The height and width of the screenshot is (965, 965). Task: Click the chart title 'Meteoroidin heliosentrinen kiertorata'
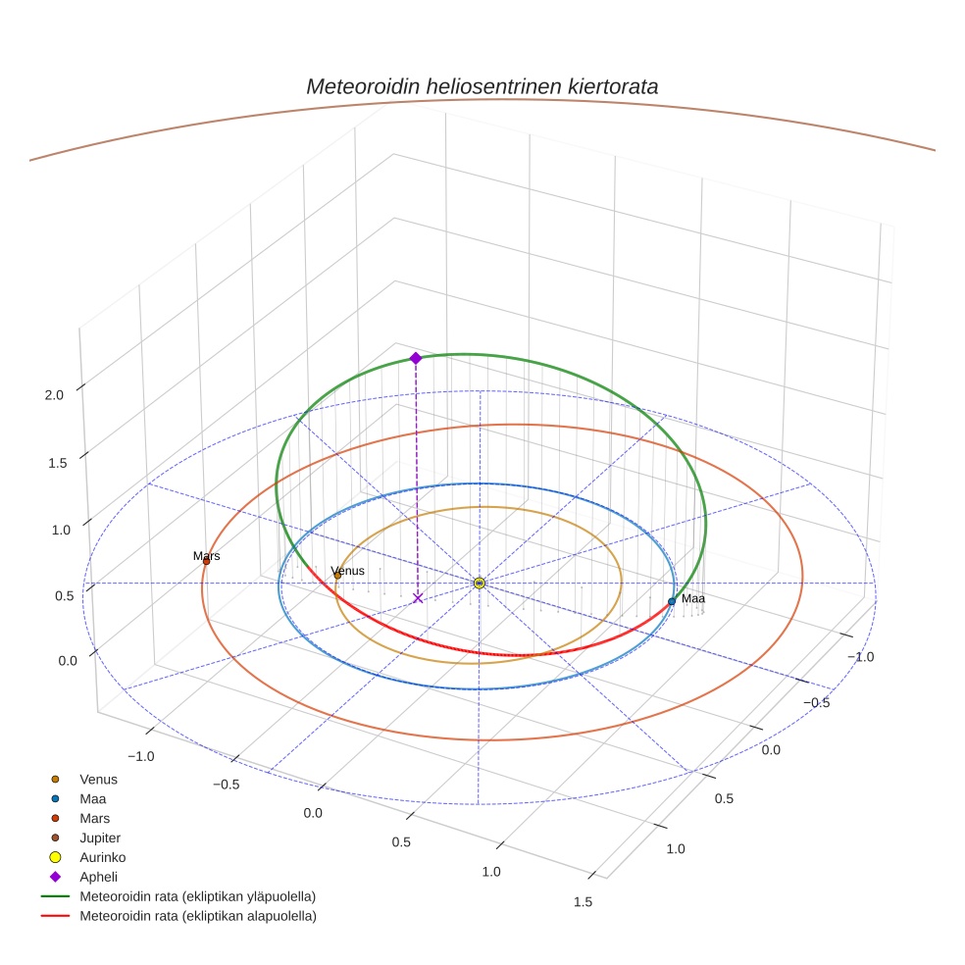click(482, 86)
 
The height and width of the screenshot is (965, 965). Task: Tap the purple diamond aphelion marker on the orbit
click(416, 358)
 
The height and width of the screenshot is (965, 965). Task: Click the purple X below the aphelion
click(418, 597)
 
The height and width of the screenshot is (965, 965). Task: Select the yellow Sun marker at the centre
click(480, 584)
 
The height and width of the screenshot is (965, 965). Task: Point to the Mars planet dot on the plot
click(206, 561)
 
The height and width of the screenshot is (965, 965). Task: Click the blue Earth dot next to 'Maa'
click(672, 601)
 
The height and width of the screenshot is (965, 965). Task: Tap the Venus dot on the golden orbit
click(337, 576)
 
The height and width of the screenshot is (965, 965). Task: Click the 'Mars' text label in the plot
click(206, 556)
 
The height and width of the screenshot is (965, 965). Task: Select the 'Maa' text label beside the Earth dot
click(693, 598)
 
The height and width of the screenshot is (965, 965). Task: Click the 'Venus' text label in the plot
click(348, 571)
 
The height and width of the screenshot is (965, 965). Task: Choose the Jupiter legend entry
click(100, 838)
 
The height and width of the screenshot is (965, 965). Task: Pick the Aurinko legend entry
click(102, 857)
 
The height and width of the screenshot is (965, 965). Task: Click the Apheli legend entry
click(98, 877)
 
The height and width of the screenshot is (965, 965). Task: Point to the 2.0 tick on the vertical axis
click(54, 395)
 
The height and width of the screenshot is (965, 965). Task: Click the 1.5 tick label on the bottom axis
click(583, 902)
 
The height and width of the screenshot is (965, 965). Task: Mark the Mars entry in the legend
click(94, 818)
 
